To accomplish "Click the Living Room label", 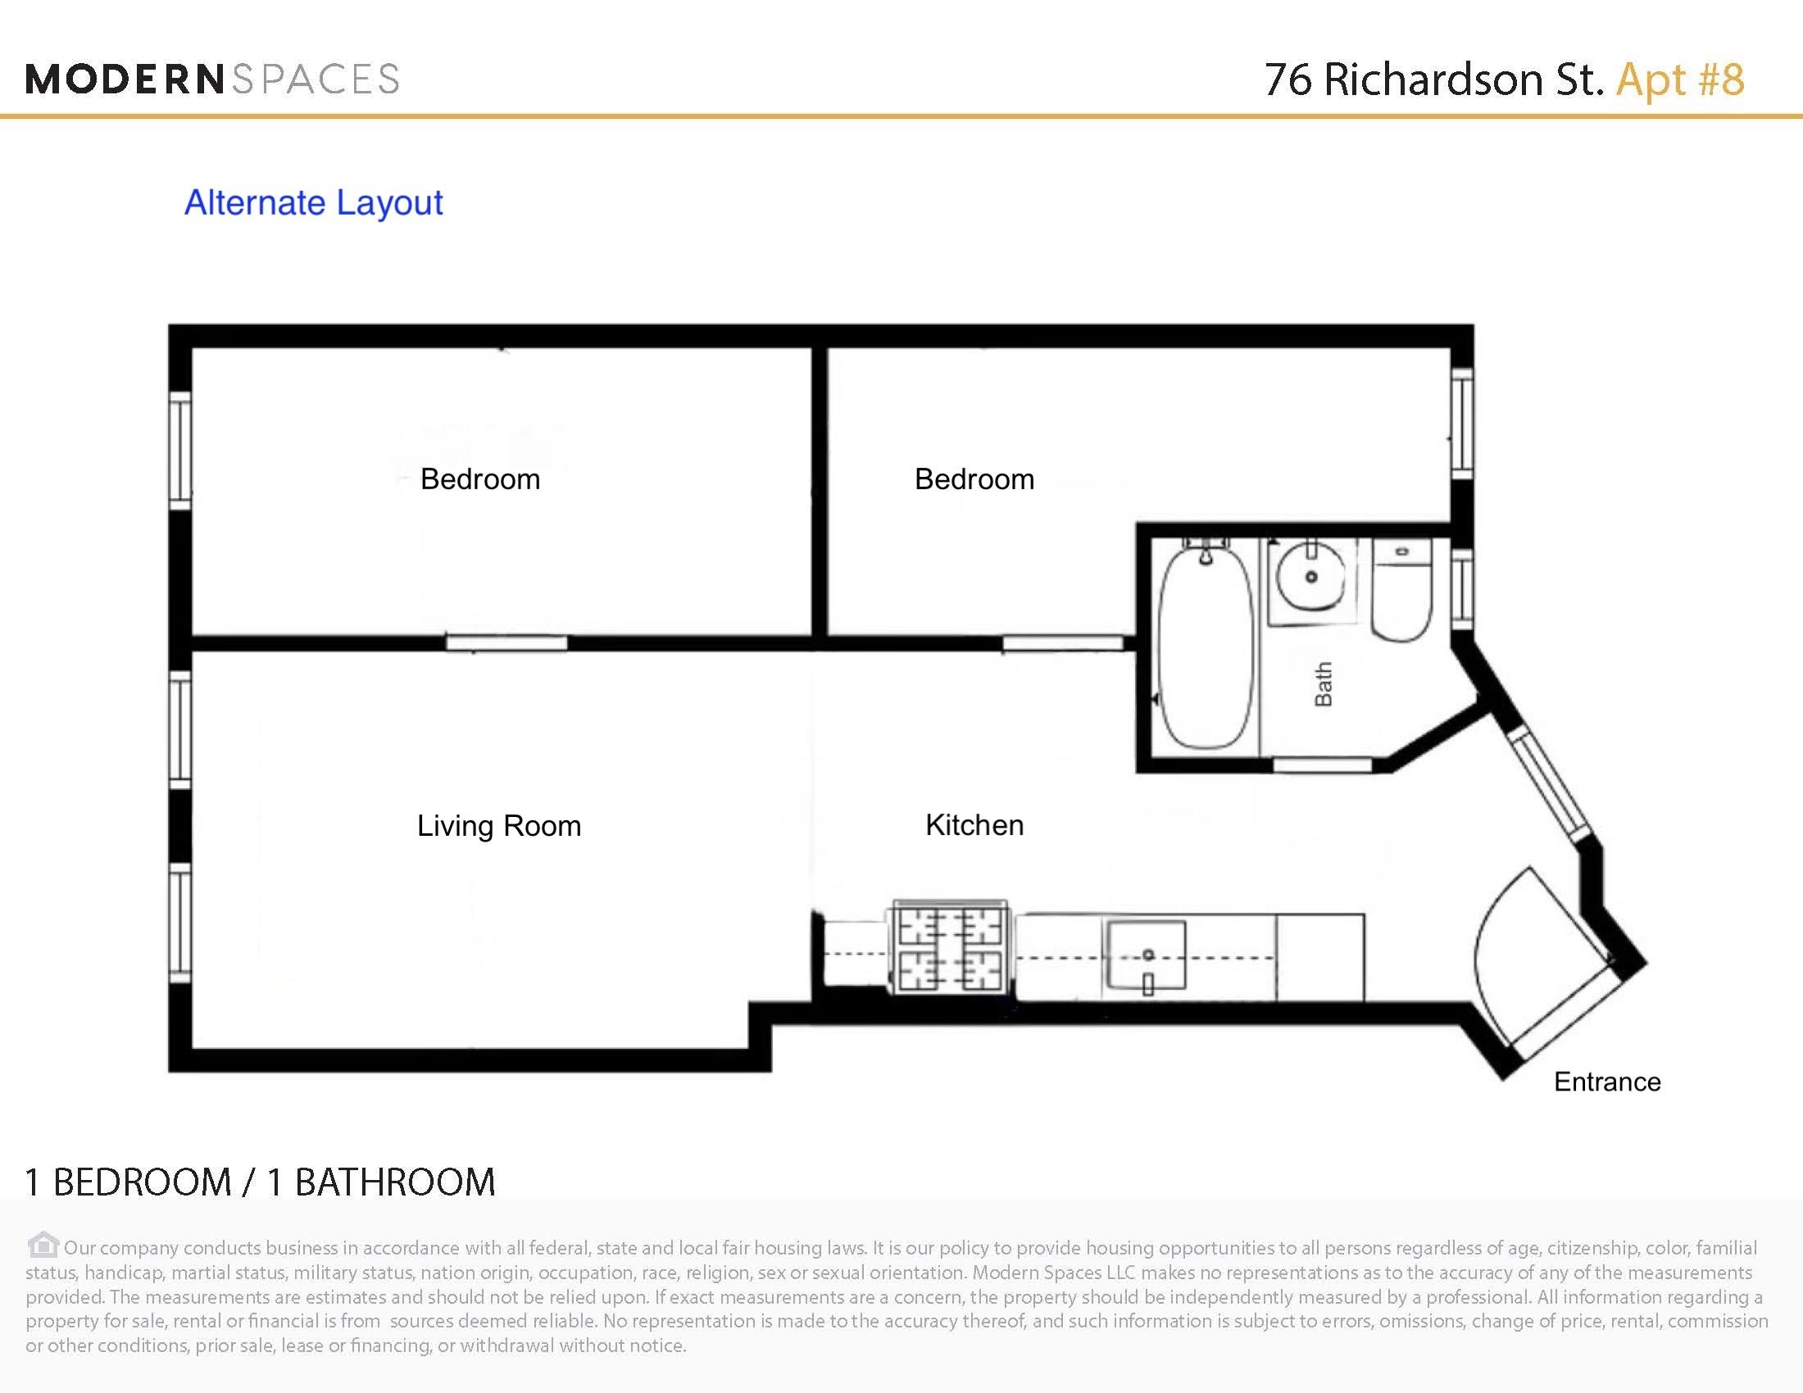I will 498,826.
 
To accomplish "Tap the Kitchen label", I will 974,825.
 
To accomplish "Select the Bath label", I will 1324,684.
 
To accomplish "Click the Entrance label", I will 1606,1082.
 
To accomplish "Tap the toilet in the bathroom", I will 1401,593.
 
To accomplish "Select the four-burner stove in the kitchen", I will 949,948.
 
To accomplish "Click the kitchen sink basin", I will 1146,955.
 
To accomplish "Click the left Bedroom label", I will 479,479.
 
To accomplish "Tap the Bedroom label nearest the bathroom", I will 974,479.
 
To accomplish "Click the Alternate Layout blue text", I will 313,203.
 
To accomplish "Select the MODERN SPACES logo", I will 212,79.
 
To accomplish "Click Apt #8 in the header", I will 1680,79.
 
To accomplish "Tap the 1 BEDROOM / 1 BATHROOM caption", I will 260,1182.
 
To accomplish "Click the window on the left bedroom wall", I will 180,450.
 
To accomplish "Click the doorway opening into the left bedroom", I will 506,643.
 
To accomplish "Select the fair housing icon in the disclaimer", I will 43,1245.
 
